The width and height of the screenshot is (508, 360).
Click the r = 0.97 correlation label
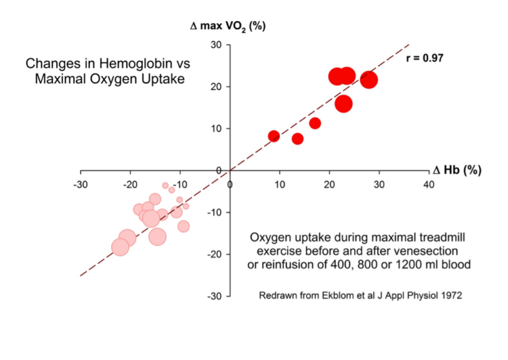click(424, 58)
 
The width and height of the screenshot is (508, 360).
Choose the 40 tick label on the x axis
click(429, 185)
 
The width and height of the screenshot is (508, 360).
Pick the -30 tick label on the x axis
click(80, 185)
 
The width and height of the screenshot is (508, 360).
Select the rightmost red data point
click(368, 80)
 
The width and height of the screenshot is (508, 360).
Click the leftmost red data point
click(274, 136)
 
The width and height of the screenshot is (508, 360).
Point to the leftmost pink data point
click(120, 247)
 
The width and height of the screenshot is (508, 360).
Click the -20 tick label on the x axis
click(130, 185)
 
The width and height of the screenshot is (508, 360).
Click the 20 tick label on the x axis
click(329, 185)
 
